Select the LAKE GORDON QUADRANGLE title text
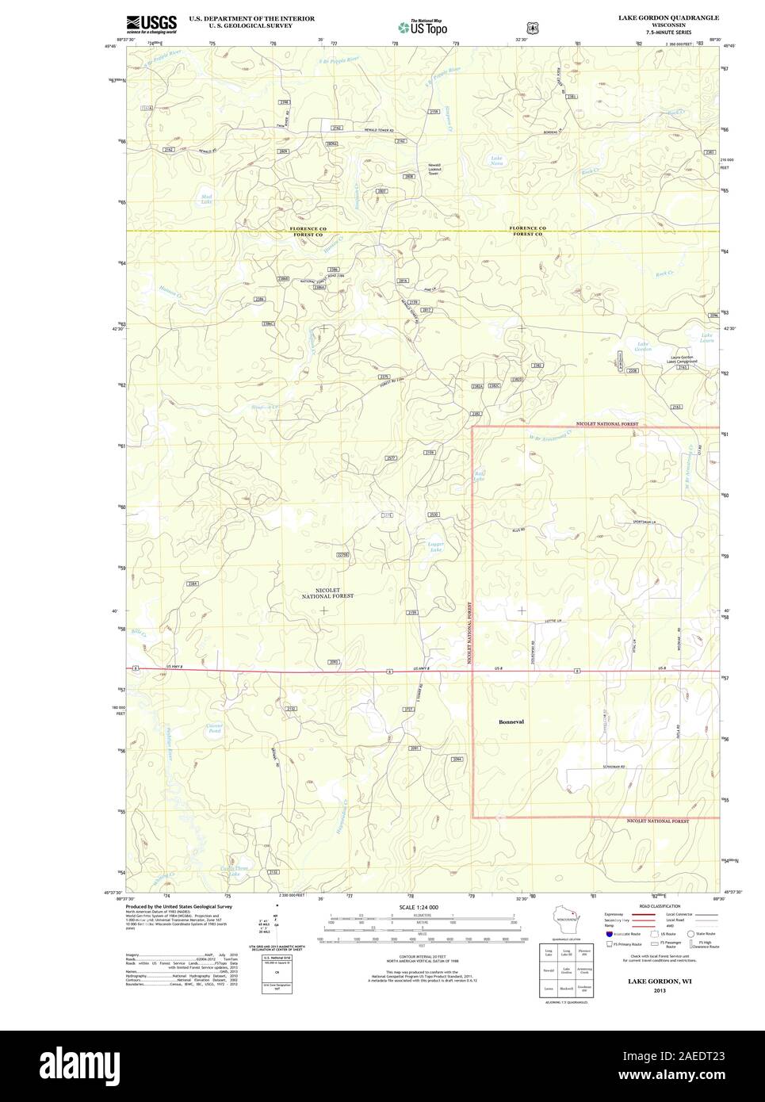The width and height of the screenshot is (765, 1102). tap(669, 17)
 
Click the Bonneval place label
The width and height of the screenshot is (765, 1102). tap(511, 722)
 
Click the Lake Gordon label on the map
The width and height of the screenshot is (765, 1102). tap(644, 346)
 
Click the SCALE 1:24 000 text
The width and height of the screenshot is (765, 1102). tap(419, 907)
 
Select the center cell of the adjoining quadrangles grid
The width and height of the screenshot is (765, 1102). tap(566, 970)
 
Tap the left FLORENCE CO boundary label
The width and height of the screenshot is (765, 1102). tap(307, 228)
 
